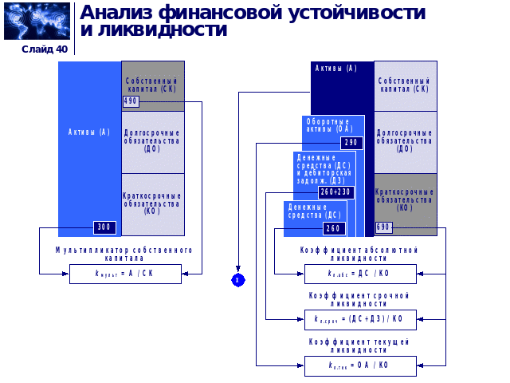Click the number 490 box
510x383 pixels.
click(131, 101)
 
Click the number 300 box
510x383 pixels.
click(104, 227)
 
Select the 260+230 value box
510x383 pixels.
click(335, 192)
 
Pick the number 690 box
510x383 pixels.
click(383, 227)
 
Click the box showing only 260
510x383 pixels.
click(334, 228)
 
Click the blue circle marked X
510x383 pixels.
click(237, 280)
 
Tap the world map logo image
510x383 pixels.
click(37, 21)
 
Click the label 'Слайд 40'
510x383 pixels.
click(45, 49)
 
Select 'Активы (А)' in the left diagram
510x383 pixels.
click(89, 132)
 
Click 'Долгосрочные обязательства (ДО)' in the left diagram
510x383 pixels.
click(152, 140)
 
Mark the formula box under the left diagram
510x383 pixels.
click(125, 274)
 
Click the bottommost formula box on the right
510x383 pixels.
click(359, 365)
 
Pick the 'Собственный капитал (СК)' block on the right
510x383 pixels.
click(406, 85)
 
